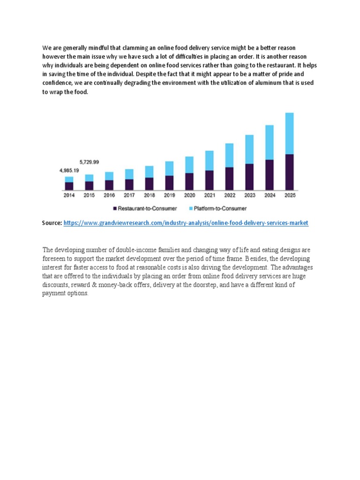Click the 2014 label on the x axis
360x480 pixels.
[69, 195]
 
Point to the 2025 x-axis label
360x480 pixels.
[290, 195]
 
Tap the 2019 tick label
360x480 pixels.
[169, 195]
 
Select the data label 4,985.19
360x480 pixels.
[69, 171]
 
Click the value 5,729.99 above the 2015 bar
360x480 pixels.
[89, 162]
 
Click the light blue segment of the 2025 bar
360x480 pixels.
[289, 134]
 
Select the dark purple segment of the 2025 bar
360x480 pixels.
[289, 172]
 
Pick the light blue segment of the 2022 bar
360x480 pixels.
[229, 155]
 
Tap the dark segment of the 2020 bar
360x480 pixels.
[189, 181]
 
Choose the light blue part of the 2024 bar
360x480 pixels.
[270, 142]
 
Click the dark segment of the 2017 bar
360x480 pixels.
[129, 185]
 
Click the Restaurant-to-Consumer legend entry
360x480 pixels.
[145, 209]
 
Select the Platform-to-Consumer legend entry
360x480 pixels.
[217, 209]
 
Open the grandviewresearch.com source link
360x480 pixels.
[186, 223]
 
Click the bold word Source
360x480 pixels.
[52, 223]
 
